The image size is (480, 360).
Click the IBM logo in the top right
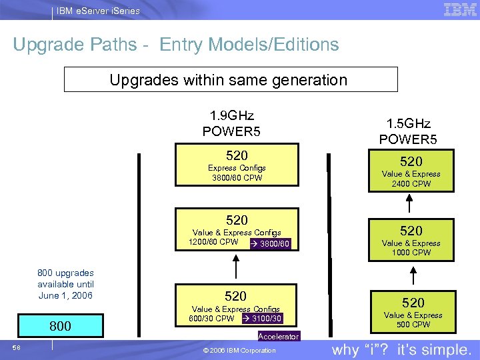[x=459, y=9]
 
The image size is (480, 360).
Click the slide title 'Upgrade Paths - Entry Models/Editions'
[x=176, y=45]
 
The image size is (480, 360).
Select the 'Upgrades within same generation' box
[x=231, y=80]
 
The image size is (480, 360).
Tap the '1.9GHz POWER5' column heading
[x=232, y=123]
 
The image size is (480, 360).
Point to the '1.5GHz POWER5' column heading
[x=409, y=131]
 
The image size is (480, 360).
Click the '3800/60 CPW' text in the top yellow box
[x=236, y=178]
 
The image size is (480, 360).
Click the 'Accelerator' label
[x=279, y=337]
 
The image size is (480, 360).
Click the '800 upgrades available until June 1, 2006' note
[x=65, y=284]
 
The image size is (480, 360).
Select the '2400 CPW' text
[x=411, y=184]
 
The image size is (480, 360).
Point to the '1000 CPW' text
[x=411, y=253]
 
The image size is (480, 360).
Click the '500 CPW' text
[x=413, y=325]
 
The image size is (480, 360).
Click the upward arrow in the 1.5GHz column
[x=413, y=275]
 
